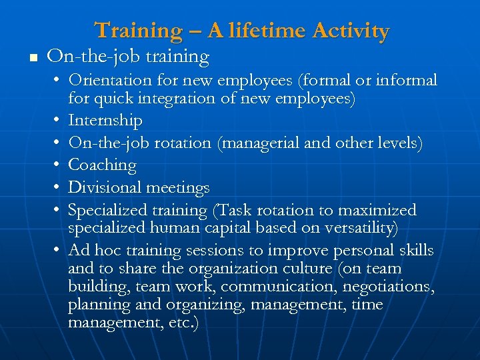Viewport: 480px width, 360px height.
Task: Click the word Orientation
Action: pyautogui.click(x=109, y=81)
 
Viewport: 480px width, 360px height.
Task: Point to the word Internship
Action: pyautogui.click(x=105, y=121)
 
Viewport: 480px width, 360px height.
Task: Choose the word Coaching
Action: pyautogui.click(x=102, y=165)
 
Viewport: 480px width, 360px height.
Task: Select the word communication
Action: pyautogui.click(x=269, y=287)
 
